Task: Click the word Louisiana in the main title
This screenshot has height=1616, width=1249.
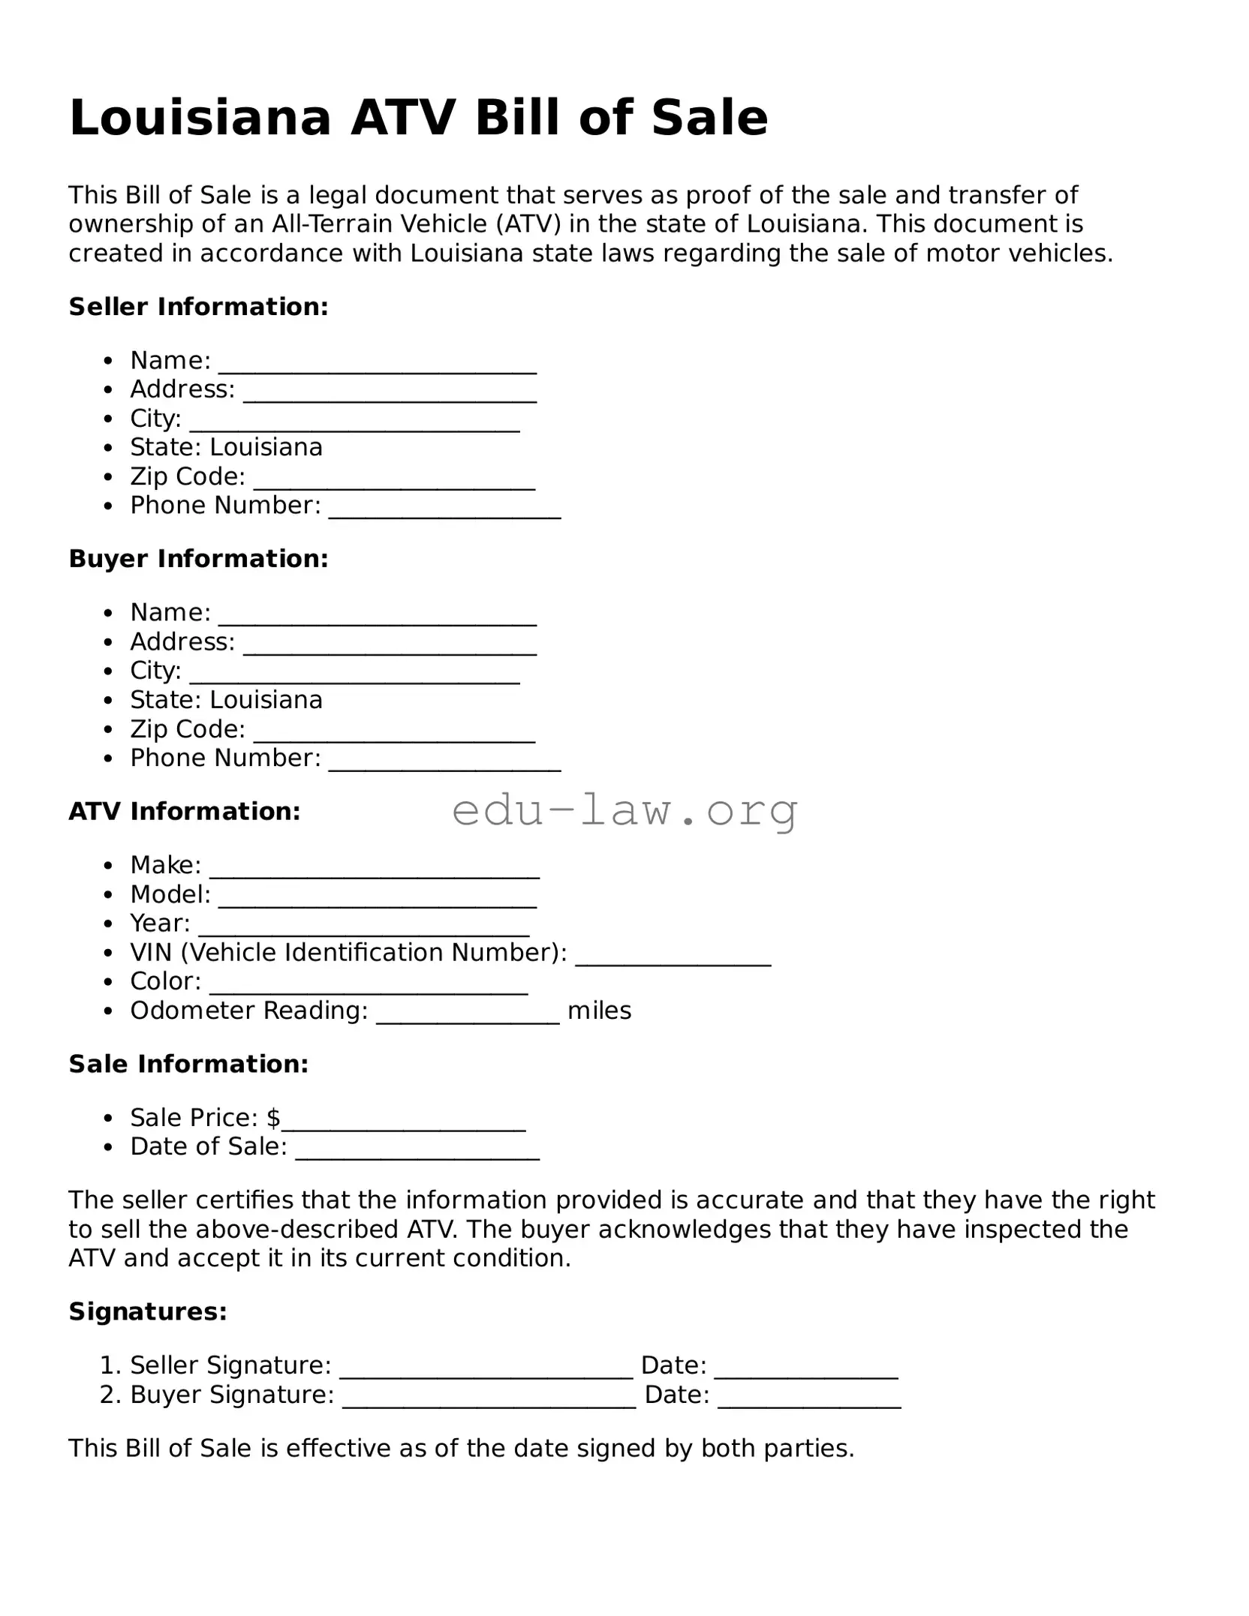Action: pyautogui.click(x=200, y=118)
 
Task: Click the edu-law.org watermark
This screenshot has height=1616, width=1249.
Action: pyautogui.click(x=624, y=810)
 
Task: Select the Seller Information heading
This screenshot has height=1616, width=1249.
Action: pyautogui.click(x=199, y=306)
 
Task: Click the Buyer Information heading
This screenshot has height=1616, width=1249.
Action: pyautogui.click(x=199, y=558)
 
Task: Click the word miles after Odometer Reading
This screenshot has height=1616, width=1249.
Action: pyautogui.click(x=599, y=1011)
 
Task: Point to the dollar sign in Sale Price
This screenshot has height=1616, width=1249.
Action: pyautogui.click(x=273, y=1118)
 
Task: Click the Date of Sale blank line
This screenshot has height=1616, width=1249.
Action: pyautogui.click(x=417, y=1155)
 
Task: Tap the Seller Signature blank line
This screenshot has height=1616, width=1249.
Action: pyautogui.click(x=486, y=1373)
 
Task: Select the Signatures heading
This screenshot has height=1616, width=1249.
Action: pyautogui.click(x=148, y=1311)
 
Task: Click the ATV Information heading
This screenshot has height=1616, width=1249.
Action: pyautogui.click(x=185, y=811)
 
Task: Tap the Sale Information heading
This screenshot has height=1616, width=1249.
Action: pyautogui.click(x=189, y=1064)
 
